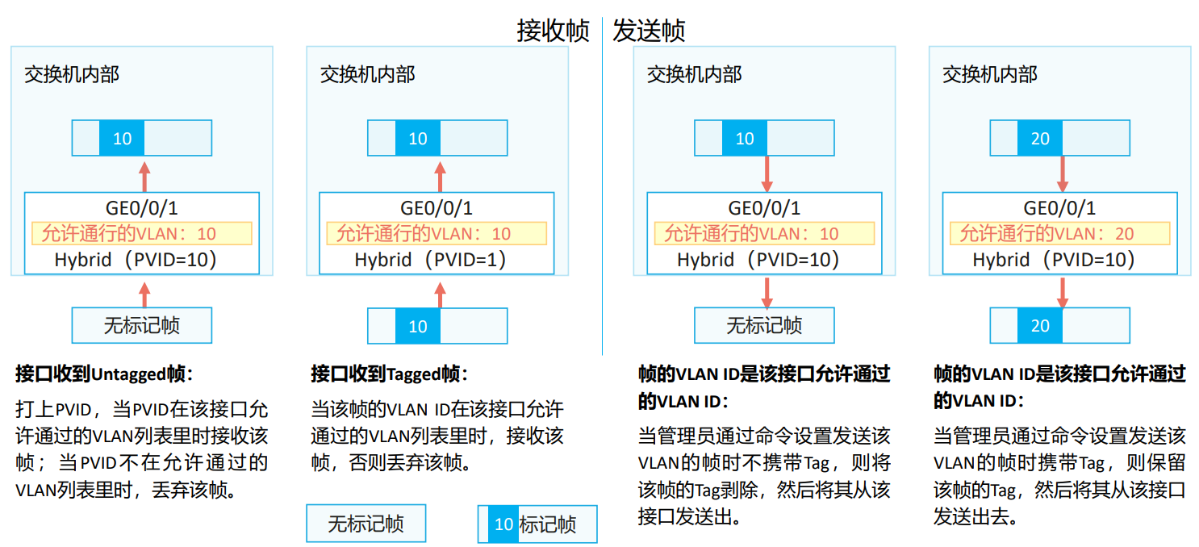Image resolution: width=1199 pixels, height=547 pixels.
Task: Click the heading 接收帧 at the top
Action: pos(553,31)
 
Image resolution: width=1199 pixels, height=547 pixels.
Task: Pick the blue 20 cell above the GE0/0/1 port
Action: pos(1040,139)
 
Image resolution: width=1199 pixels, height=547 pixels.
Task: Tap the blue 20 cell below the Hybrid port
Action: pos(1040,326)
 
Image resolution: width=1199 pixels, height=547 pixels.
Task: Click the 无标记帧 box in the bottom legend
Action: pos(366,524)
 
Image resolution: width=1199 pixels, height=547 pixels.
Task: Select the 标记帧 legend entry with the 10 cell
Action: pos(537,524)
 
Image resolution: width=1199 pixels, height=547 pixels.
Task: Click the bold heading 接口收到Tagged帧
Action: pos(389,374)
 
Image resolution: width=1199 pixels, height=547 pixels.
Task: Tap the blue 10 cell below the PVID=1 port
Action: pos(417,326)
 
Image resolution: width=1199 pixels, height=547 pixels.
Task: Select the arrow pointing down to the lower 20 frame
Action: pos(1062,292)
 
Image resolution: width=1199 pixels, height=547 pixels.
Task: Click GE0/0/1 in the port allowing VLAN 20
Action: pos(1059,208)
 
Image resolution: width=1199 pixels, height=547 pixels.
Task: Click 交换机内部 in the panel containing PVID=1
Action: pos(367,75)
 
